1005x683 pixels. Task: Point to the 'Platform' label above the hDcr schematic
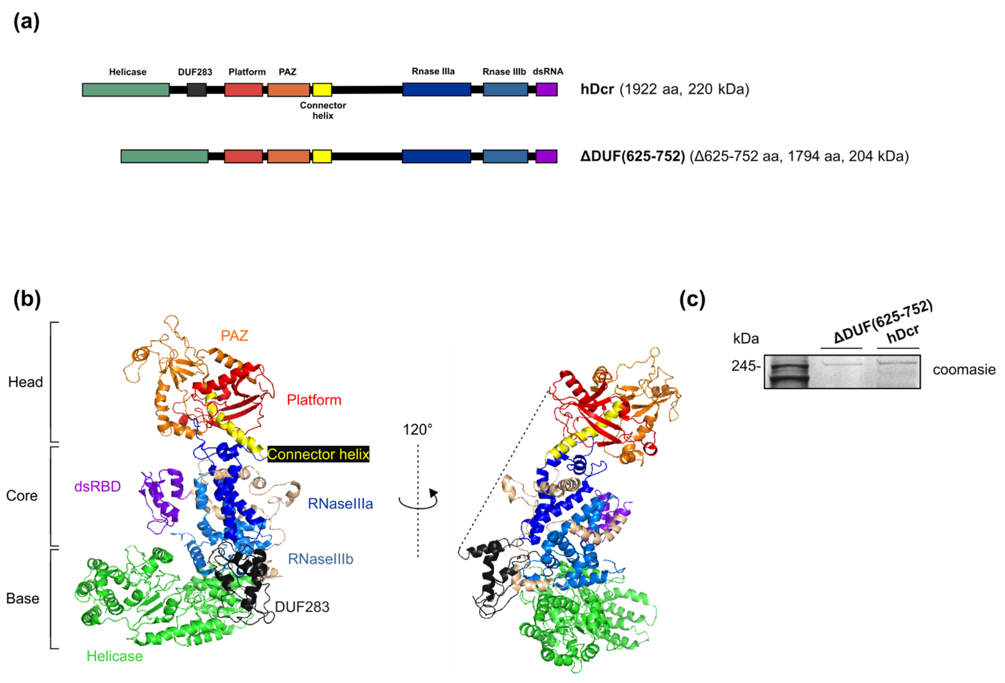[247, 72]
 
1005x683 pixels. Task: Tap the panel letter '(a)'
[26, 22]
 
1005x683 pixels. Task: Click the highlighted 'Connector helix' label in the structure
[318, 454]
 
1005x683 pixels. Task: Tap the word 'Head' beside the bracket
[26, 382]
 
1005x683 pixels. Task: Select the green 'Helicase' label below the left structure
[114, 656]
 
